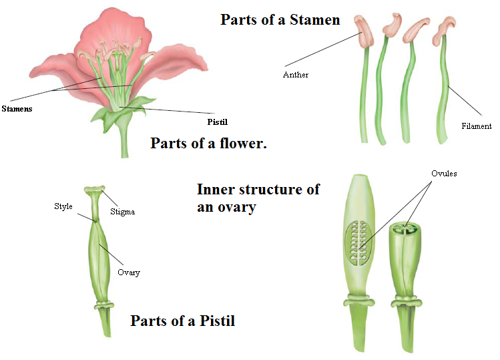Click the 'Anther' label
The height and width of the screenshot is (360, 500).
click(296, 75)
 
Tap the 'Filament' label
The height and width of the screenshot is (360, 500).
click(476, 126)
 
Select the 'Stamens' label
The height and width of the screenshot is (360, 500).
click(17, 108)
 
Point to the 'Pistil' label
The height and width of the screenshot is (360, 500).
click(218, 122)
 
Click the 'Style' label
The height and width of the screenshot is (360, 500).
click(63, 206)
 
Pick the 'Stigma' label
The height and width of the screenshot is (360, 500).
click(123, 212)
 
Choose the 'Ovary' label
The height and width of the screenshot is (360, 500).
click(129, 273)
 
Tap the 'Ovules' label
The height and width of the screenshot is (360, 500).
click(444, 174)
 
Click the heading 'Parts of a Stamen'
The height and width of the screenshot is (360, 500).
click(280, 20)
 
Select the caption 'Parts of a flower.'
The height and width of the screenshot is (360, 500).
click(208, 143)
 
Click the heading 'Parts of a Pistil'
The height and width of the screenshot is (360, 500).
click(182, 321)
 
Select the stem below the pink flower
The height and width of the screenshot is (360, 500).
click(124, 141)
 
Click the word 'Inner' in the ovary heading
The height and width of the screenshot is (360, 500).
click(214, 189)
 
